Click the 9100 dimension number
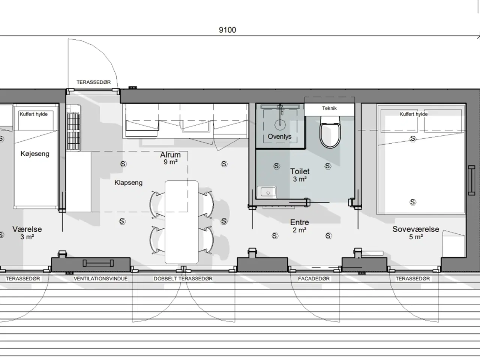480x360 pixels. point(227,30)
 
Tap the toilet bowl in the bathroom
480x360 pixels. point(330,132)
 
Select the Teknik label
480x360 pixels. point(329,108)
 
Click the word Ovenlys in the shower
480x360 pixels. point(279,136)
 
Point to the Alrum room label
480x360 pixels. point(170,155)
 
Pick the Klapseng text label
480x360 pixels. point(128,183)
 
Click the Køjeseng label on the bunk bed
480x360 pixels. point(35,154)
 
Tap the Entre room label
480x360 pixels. point(299,222)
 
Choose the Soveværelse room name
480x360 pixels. point(416,229)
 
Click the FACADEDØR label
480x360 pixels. point(314,279)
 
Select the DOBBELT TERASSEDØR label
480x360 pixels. point(183,279)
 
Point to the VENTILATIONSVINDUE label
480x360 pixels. point(100,279)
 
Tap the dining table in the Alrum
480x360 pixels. point(181,222)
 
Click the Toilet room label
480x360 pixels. point(300,171)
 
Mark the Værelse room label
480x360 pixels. point(27,229)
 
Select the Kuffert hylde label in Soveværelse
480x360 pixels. point(414,114)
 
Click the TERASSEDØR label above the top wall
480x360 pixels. point(94,82)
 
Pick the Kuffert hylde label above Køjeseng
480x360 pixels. point(34,114)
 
